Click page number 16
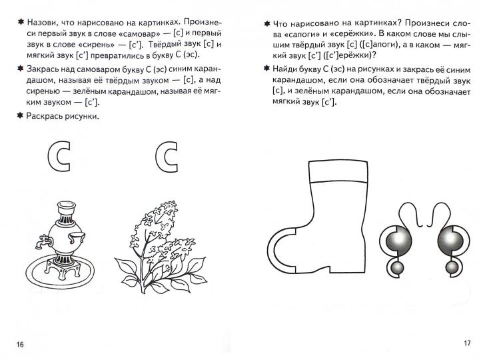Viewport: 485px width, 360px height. click(19, 343)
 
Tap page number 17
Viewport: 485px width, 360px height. click(466, 343)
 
